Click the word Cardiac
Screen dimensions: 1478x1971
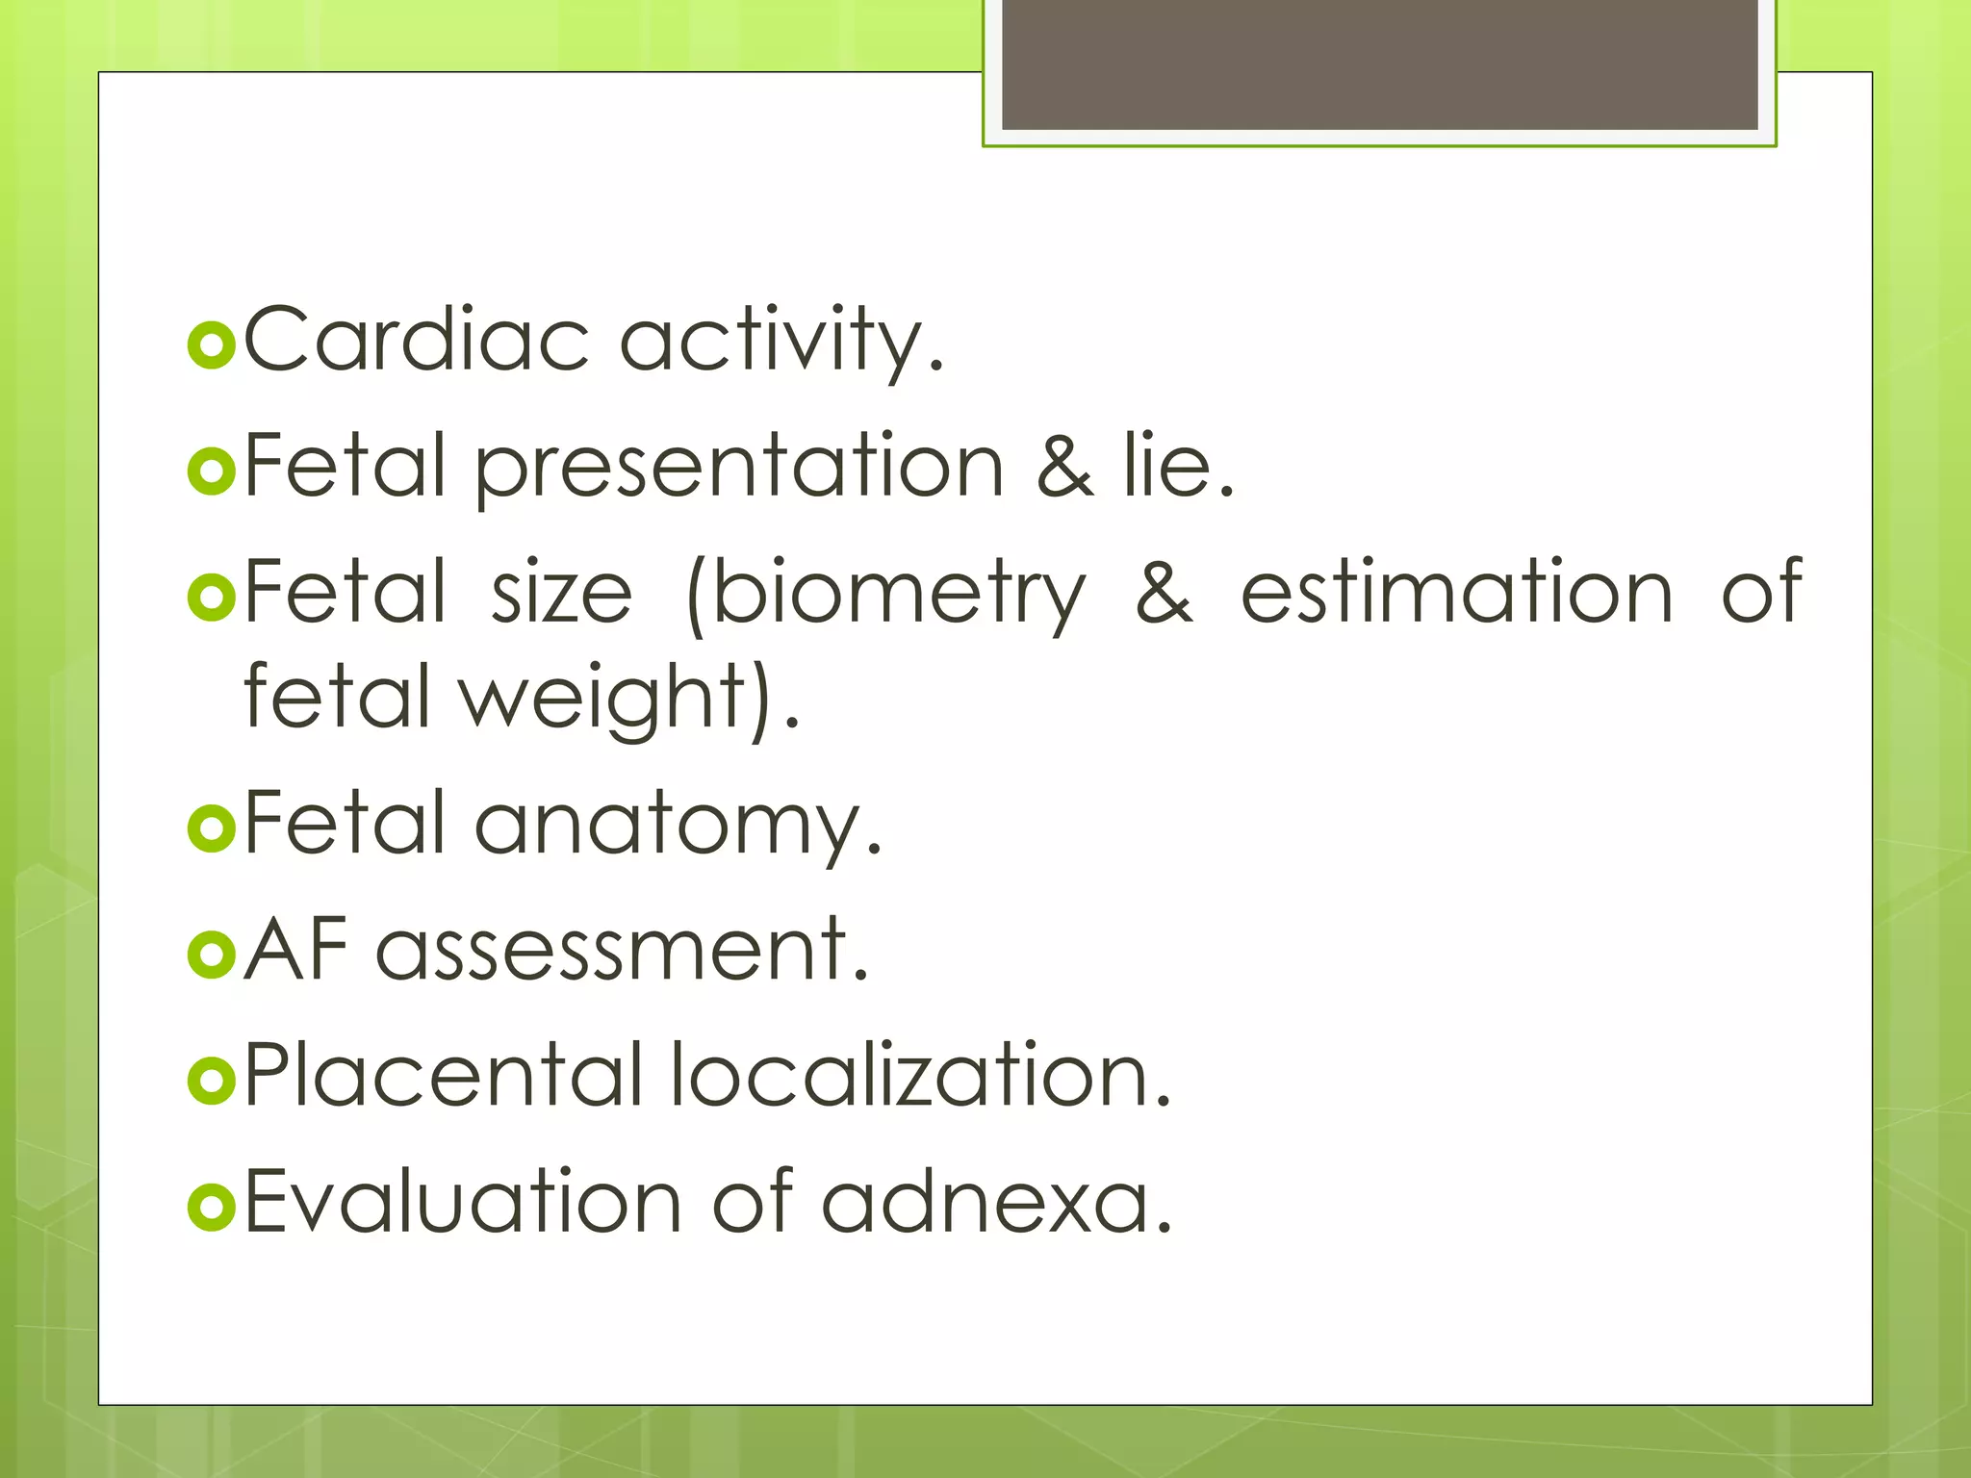tap(416, 340)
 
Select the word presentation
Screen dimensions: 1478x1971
tap(739, 467)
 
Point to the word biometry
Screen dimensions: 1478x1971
tap(886, 594)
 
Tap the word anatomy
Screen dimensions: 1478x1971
tap(678, 824)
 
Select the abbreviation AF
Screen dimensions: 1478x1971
tap(295, 949)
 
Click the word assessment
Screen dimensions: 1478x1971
tap(622, 951)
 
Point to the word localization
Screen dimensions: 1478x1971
tap(920, 1074)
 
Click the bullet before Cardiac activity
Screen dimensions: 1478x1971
tap(212, 346)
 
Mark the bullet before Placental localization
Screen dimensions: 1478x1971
tap(212, 1081)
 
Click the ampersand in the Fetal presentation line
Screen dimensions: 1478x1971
tap(1065, 467)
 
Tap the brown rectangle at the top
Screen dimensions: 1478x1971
tap(1379, 64)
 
